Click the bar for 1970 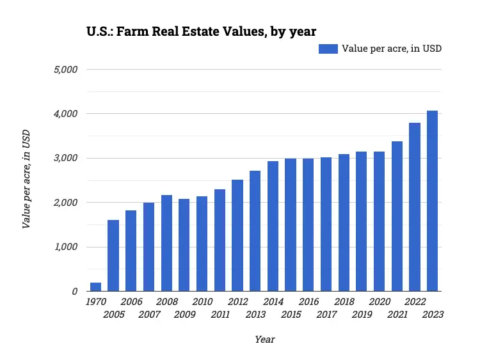point(95,287)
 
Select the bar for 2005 point(113,256)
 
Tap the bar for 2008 point(166,243)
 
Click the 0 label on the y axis point(75,292)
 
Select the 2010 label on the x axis point(202,302)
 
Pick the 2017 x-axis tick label point(326,315)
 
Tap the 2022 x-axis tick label point(415,302)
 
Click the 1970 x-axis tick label point(96,302)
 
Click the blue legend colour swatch point(328,49)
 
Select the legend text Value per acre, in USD point(392,49)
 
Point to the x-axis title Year point(264,340)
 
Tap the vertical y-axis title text point(26,180)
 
